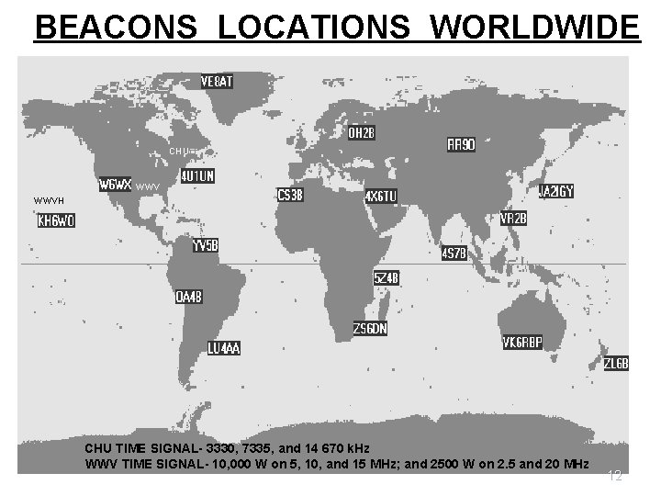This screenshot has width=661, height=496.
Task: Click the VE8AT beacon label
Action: tap(217, 82)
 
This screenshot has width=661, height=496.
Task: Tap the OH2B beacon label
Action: tap(362, 133)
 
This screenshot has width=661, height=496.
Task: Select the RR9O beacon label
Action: tap(461, 145)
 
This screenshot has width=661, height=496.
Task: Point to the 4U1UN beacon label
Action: tap(197, 175)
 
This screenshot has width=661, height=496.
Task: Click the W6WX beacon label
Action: tap(117, 184)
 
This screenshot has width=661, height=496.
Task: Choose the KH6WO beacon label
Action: tap(56, 220)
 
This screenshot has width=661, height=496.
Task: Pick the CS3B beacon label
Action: tap(291, 195)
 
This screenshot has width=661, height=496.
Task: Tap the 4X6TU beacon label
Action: tap(381, 197)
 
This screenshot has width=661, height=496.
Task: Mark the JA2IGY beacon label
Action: tap(556, 192)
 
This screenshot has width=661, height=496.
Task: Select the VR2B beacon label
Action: tap(513, 219)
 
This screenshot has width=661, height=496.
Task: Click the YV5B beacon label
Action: tap(205, 246)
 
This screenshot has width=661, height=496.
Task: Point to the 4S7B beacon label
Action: tap(455, 254)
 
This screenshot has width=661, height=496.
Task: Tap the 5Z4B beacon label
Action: tap(386, 277)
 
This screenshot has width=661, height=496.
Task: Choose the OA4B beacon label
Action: tap(189, 298)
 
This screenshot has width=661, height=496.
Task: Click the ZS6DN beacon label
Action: tap(371, 329)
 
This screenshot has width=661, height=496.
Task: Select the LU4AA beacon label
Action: tap(224, 349)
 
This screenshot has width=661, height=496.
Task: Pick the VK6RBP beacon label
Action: tap(522, 343)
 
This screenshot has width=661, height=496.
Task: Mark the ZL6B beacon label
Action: tap(616, 364)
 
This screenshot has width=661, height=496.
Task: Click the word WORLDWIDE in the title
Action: tap(533, 28)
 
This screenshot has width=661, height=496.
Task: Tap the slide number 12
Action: tap(616, 475)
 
